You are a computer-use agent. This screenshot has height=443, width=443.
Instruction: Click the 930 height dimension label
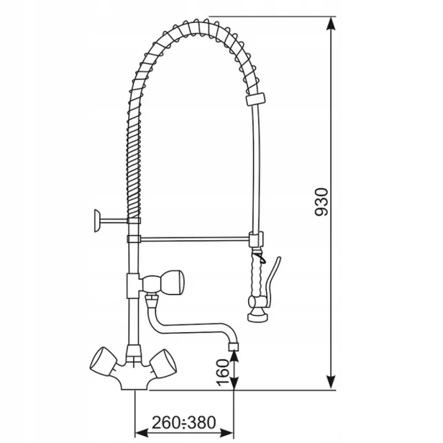click(321, 201)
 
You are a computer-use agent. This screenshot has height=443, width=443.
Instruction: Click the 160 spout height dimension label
click(223, 372)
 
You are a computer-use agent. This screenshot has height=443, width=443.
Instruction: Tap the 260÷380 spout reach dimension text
click(184, 423)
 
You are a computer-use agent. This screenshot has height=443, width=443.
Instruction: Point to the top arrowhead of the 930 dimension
click(331, 24)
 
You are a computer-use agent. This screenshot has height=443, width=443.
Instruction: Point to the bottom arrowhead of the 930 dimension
click(331, 383)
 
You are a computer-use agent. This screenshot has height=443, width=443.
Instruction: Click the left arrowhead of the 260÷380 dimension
click(142, 432)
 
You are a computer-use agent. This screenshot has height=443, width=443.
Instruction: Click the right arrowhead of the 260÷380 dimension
click(227, 432)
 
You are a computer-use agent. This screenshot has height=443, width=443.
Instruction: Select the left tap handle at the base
click(103, 362)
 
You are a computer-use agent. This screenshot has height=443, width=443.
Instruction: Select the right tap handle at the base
click(163, 364)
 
